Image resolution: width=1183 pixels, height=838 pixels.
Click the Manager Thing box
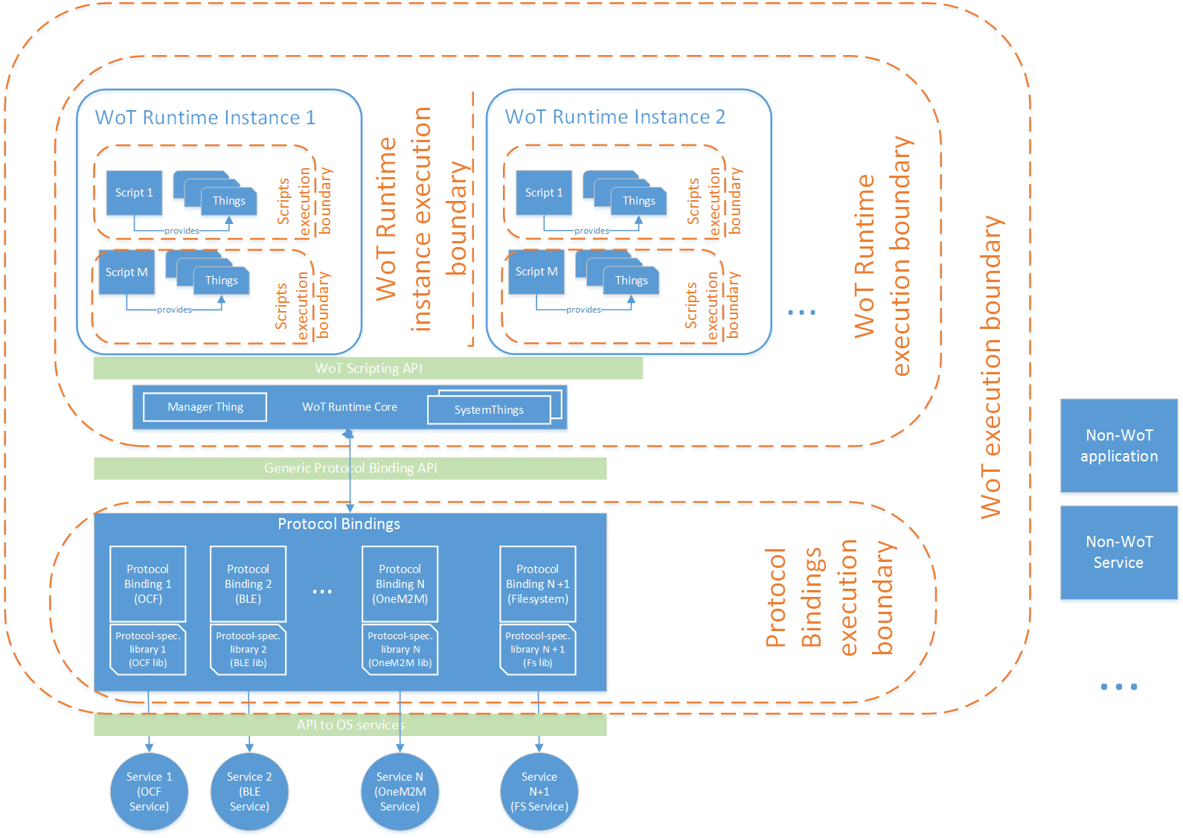[205, 407]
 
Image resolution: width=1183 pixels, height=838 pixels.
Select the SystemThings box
[489, 410]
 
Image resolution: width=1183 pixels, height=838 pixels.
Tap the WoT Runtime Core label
[350, 407]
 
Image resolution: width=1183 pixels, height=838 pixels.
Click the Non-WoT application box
[1118, 445]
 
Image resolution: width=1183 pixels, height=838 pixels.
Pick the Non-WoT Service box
[1118, 552]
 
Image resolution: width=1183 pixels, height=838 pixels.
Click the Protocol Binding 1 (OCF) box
[147, 583]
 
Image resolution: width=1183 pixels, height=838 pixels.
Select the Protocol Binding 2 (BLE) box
[248, 583]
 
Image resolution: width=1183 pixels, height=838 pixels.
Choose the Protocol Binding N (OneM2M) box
[400, 583]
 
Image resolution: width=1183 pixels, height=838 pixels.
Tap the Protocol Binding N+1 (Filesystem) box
[537, 583]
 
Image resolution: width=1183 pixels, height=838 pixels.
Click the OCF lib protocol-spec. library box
[147, 650]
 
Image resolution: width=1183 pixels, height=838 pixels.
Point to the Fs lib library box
[537, 650]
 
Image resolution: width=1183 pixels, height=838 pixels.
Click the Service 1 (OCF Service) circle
[149, 792]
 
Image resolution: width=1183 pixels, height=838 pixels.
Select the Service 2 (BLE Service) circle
[249, 792]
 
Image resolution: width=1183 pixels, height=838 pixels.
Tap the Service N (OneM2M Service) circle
[400, 792]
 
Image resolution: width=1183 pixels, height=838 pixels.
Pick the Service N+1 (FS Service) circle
[539, 792]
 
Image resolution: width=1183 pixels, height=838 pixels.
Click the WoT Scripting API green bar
[368, 368]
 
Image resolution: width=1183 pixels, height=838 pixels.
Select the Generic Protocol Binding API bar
[350, 468]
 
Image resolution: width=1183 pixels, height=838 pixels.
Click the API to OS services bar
[350, 725]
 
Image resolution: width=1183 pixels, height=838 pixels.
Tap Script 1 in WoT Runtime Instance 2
[544, 193]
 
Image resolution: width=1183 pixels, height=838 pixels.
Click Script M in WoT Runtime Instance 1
[126, 272]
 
